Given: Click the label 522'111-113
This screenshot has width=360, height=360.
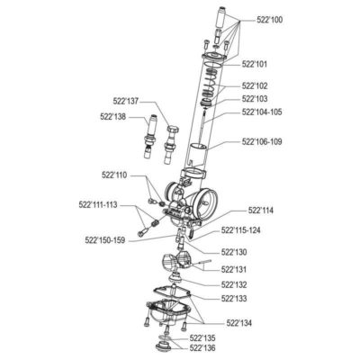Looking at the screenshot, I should coord(98,205).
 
